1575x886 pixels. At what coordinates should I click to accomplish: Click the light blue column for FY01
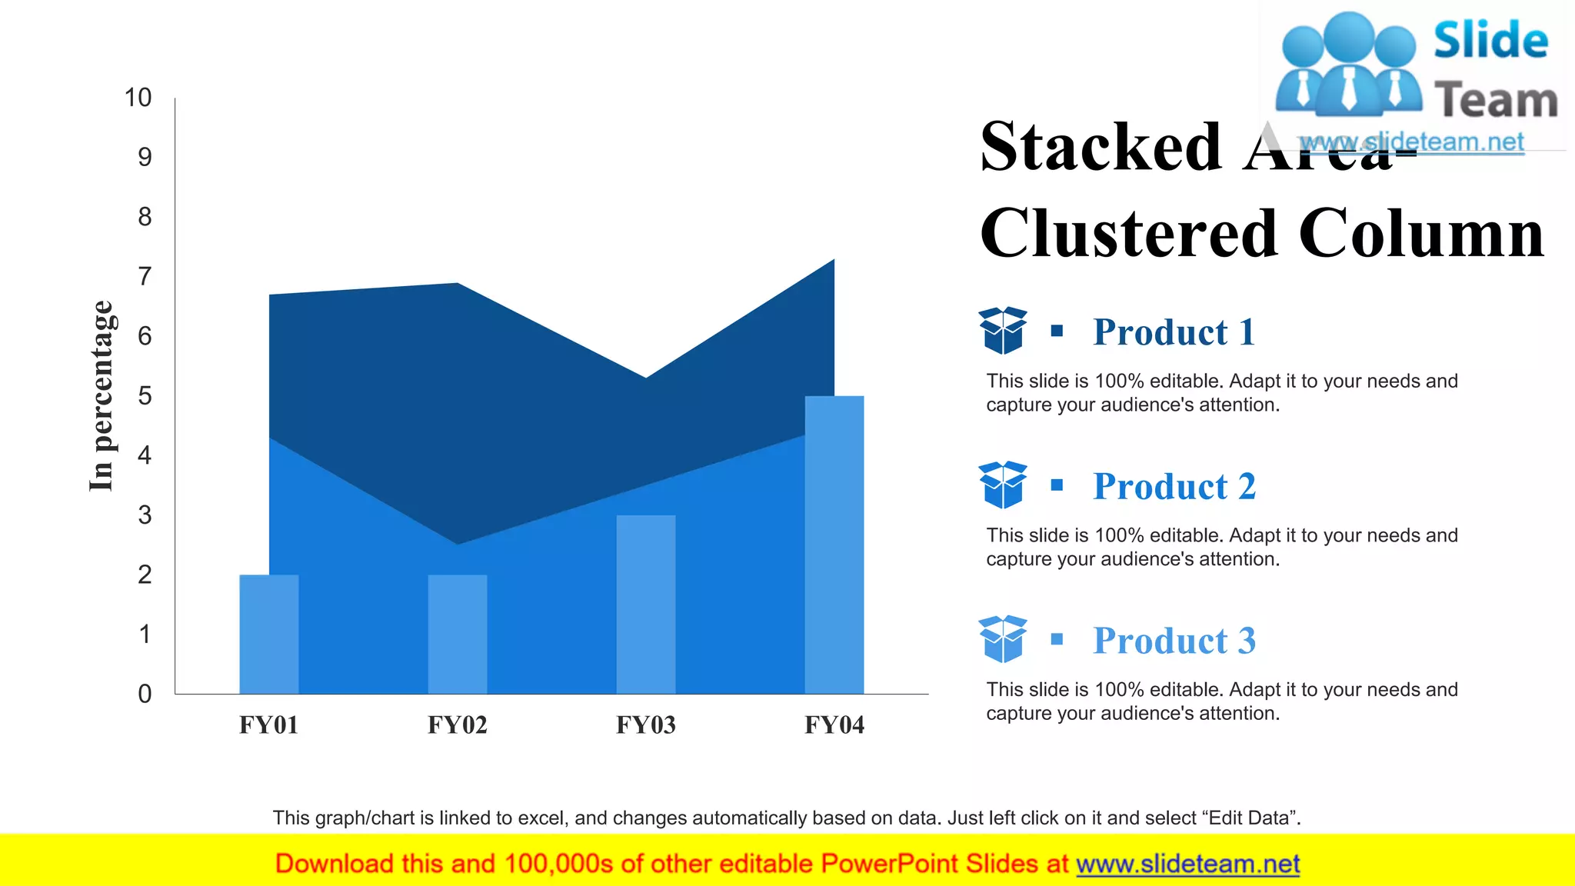tap(268, 634)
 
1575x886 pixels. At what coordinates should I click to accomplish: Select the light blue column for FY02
tap(458, 634)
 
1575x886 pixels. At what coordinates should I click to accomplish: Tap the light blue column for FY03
tap(646, 605)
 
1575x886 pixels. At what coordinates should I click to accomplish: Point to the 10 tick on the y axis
tap(138, 98)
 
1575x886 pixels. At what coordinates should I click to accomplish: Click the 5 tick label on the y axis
tap(145, 396)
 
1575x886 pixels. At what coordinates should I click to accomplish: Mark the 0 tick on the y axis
tap(145, 694)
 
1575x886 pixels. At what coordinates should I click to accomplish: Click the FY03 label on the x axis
tap(646, 724)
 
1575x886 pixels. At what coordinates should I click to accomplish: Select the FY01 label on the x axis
tap(268, 724)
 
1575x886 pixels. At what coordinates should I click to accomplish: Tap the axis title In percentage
tap(101, 395)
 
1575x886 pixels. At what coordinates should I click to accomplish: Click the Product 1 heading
tap(1174, 332)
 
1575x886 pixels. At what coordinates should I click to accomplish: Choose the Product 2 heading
tap(1174, 487)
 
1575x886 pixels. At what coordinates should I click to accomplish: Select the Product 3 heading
tap(1174, 641)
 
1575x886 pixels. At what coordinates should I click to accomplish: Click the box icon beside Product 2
tap(1003, 485)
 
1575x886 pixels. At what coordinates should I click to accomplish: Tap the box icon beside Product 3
tap(1003, 638)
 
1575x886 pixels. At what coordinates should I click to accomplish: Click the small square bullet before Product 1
tap(1057, 331)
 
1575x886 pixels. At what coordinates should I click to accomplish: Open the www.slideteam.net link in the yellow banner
tap(1187, 864)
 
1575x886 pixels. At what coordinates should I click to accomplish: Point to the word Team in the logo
tap(1495, 101)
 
